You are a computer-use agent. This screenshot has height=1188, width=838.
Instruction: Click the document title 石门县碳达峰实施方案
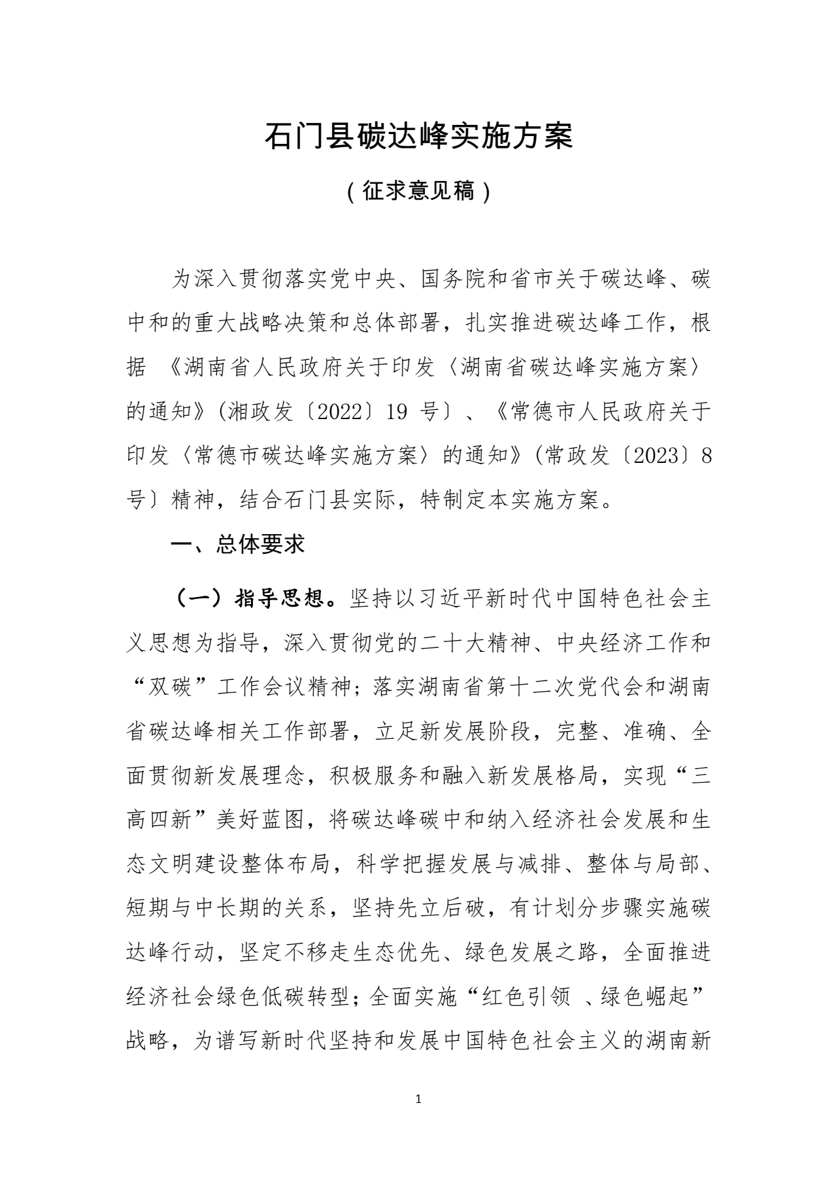418,136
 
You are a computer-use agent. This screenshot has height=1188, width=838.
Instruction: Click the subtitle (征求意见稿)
418,192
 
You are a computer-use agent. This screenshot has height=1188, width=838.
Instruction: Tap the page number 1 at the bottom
418,1099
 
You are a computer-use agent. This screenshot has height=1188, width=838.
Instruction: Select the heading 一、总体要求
237,545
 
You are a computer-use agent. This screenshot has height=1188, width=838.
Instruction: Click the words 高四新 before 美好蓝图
159,820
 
